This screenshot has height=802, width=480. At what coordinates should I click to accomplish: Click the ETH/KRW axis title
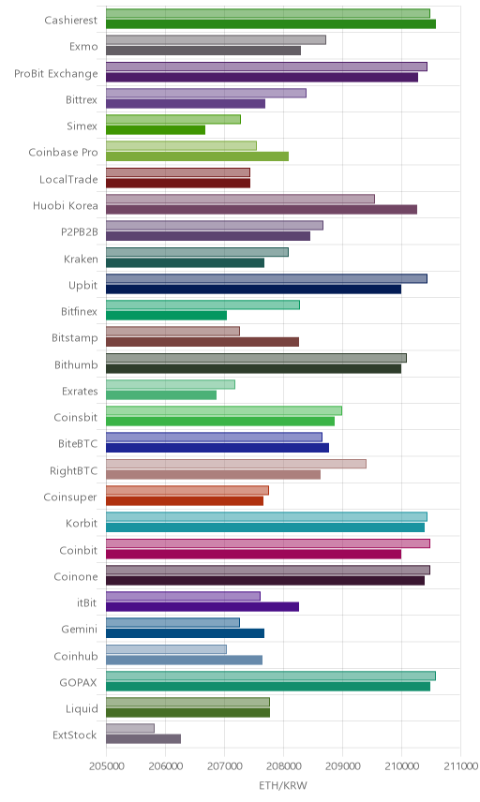pos(283,785)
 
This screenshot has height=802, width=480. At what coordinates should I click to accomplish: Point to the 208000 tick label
pos(283,766)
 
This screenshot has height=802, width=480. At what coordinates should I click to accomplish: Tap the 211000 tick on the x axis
pos(460,766)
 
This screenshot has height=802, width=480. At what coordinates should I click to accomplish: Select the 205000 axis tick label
pos(106,766)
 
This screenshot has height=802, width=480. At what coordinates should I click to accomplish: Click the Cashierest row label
pos(70,20)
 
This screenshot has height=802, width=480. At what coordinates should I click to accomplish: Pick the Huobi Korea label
pos(65,205)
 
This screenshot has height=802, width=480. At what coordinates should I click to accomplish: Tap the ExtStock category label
pos(75,735)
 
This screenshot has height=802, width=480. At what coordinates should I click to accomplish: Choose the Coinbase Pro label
pos(63,153)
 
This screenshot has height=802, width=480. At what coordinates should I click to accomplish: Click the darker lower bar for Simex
pos(156,130)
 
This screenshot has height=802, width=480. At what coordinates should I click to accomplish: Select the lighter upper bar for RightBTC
pos(236,464)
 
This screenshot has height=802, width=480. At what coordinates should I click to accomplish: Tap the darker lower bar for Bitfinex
pos(166,316)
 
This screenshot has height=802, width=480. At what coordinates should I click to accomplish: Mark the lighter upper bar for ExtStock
pos(130,728)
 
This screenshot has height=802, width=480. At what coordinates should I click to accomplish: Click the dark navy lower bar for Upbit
pos(254,289)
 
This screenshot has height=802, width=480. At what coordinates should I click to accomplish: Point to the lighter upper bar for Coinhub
pos(166,649)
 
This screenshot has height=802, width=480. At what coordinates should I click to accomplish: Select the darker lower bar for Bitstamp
pos(202,342)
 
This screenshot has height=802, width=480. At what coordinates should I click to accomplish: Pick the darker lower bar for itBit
pos(202,606)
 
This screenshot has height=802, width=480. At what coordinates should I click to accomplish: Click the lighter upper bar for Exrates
pos(171,384)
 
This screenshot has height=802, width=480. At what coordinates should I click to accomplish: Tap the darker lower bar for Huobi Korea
pos(262,209)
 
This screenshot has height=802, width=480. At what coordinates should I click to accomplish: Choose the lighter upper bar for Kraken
pos(197,252)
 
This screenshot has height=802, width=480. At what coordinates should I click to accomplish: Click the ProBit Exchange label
pos(55,74)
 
